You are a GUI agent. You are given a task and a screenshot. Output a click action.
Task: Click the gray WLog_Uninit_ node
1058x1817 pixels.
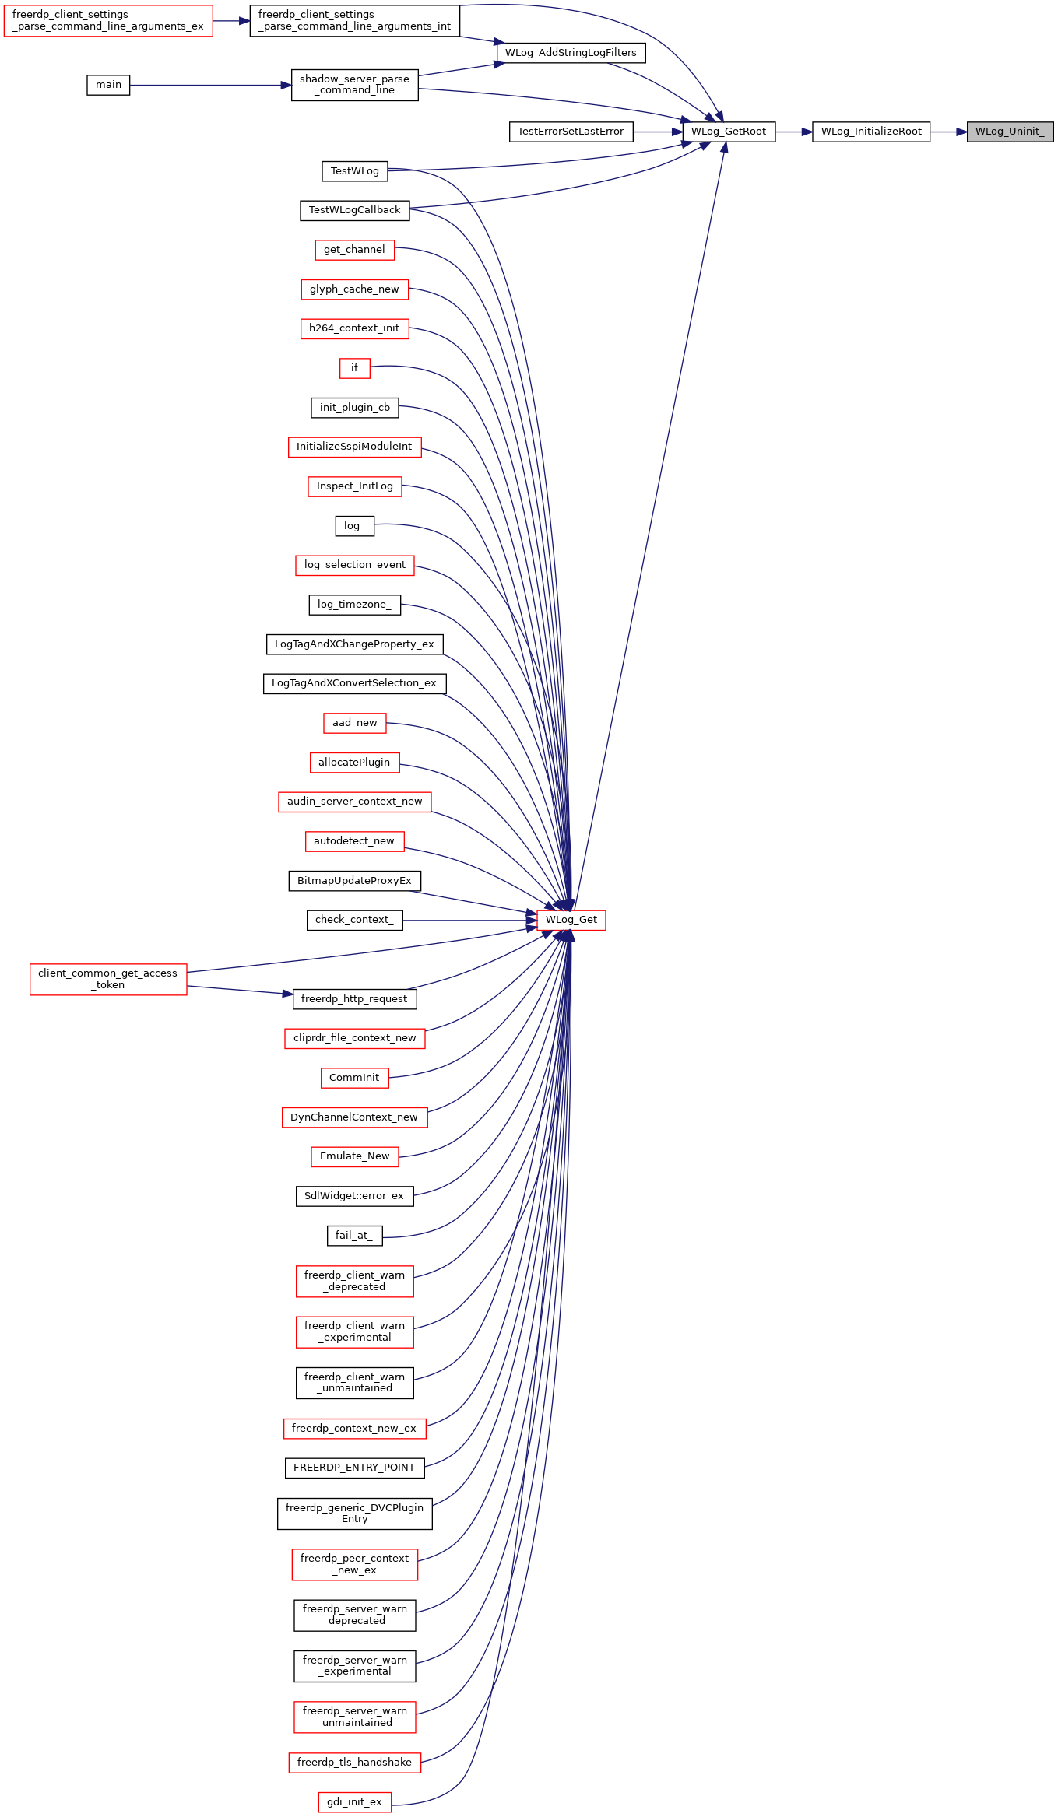click(1010, 132)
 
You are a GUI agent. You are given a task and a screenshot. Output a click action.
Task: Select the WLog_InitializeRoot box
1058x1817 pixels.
click(871, 132)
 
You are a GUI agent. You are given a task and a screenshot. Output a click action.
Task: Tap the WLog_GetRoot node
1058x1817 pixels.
click(729, 132)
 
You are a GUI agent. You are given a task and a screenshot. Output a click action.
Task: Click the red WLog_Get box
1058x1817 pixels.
click(571, 920)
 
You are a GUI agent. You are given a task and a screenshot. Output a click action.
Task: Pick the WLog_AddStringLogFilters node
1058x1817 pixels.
click(571, 53)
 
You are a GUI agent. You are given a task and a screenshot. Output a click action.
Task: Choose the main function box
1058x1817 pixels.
click(108, 85)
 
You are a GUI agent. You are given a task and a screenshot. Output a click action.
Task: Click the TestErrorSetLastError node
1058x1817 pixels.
click(571, 132)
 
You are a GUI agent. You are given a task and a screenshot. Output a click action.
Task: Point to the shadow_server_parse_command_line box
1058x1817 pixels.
click(354, 85)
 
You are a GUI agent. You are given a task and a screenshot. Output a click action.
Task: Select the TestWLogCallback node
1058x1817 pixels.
click(354, 210)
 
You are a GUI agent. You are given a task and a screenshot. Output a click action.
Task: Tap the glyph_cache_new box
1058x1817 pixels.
click(354, 289)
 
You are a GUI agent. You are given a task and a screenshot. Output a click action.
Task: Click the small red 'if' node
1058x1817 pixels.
click(354, 368)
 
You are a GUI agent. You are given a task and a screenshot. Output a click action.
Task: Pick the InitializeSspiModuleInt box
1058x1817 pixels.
click(354, 447)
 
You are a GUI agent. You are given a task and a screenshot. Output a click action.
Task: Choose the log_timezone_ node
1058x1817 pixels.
click(354, 605)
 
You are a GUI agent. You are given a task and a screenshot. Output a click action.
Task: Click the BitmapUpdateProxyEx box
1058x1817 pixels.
click(354, 881)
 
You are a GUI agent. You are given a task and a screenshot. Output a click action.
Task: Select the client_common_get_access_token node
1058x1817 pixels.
click(108, 979)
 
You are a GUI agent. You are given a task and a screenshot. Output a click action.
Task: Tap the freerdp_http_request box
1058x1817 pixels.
click(354, 999)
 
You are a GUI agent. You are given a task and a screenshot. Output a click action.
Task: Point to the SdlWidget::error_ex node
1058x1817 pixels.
click(354, 1196)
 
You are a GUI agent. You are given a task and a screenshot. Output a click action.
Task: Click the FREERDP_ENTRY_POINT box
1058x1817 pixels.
click(354, 1468)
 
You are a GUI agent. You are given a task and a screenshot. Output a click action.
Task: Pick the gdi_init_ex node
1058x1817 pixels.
click(354, 1802)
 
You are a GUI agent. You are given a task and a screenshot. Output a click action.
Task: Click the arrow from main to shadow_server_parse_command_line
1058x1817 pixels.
click(210, 86)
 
